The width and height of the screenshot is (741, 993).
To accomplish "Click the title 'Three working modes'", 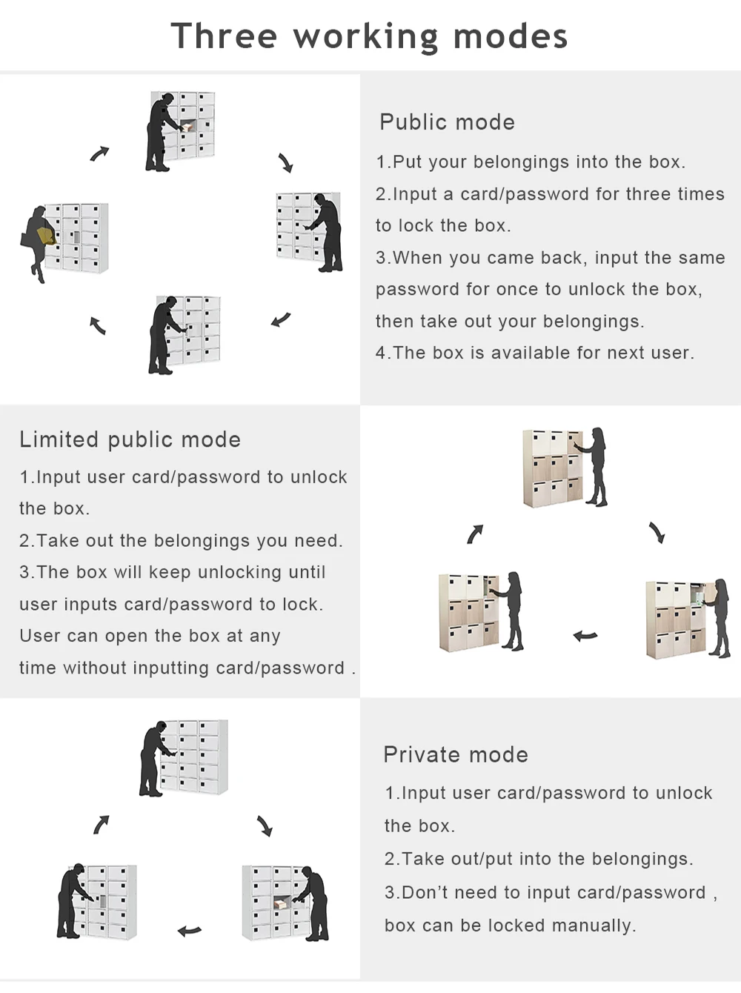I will point(369,36).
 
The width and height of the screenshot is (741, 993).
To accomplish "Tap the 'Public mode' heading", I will point(447,122).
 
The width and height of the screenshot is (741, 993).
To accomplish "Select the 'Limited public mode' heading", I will point(130,439).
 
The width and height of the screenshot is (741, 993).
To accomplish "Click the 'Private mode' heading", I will point(456,754).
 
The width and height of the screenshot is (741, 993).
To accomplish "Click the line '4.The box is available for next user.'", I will point(535,353).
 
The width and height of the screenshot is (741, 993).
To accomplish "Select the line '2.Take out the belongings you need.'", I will point(181,541).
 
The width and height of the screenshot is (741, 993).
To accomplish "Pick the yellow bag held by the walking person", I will point(47,236).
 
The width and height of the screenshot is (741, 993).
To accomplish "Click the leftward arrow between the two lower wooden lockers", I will point(585,636).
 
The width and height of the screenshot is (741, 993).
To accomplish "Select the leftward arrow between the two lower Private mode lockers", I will point(190,931).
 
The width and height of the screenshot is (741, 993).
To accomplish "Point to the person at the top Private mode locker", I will point(153,758).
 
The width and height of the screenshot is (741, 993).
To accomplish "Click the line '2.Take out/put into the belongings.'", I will point(539,859).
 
